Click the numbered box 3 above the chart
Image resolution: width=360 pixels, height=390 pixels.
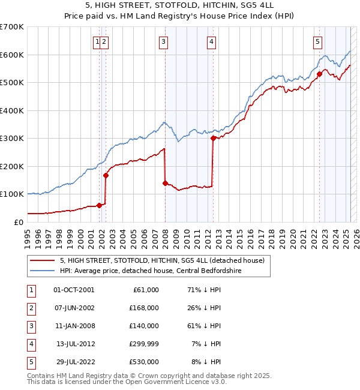163,41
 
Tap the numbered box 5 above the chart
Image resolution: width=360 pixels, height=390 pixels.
317,41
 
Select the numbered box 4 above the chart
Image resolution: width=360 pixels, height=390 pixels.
212,41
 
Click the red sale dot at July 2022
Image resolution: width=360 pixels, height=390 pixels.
319,74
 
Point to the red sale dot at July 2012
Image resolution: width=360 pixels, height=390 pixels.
213,139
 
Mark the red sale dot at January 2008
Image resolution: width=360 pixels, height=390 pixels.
165,183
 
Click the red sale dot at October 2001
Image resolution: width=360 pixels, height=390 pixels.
99,205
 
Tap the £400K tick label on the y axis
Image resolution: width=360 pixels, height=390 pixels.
12,110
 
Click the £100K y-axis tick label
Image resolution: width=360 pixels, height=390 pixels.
12,194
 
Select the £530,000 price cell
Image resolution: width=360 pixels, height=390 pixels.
143,362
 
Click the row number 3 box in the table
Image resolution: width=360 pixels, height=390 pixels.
31,326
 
